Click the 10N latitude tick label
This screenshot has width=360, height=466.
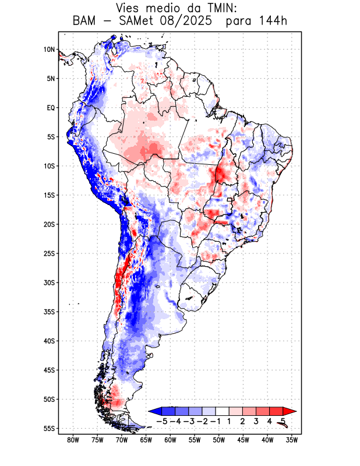49,50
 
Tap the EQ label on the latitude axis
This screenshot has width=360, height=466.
50,108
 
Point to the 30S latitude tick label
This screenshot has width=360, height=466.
49,283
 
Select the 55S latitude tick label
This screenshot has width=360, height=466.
49,428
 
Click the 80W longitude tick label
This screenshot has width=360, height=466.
73,440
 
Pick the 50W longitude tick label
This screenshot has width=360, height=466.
219,440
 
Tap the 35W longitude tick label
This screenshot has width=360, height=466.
292,440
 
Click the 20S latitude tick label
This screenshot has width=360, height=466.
49,224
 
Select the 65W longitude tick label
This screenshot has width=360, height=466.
146,440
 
